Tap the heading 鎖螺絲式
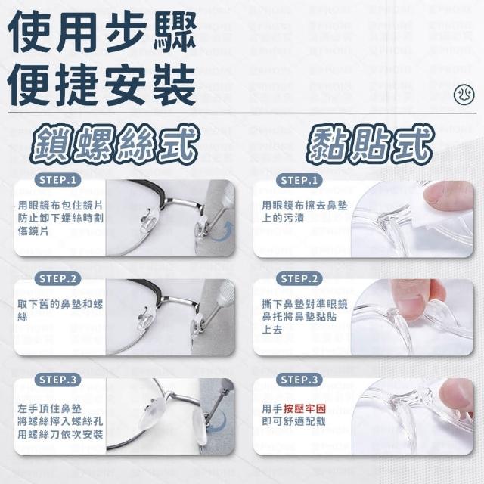115,144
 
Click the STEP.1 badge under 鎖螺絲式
57,180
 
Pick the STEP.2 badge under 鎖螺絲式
57,279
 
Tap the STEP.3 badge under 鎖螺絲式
57,380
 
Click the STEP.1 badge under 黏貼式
299,180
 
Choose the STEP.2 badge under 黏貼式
299,279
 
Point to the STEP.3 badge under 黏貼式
299,380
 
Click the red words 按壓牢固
304,408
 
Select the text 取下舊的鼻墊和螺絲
60,311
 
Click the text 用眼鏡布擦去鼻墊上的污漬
305,212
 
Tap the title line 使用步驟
102,32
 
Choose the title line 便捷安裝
102,84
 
